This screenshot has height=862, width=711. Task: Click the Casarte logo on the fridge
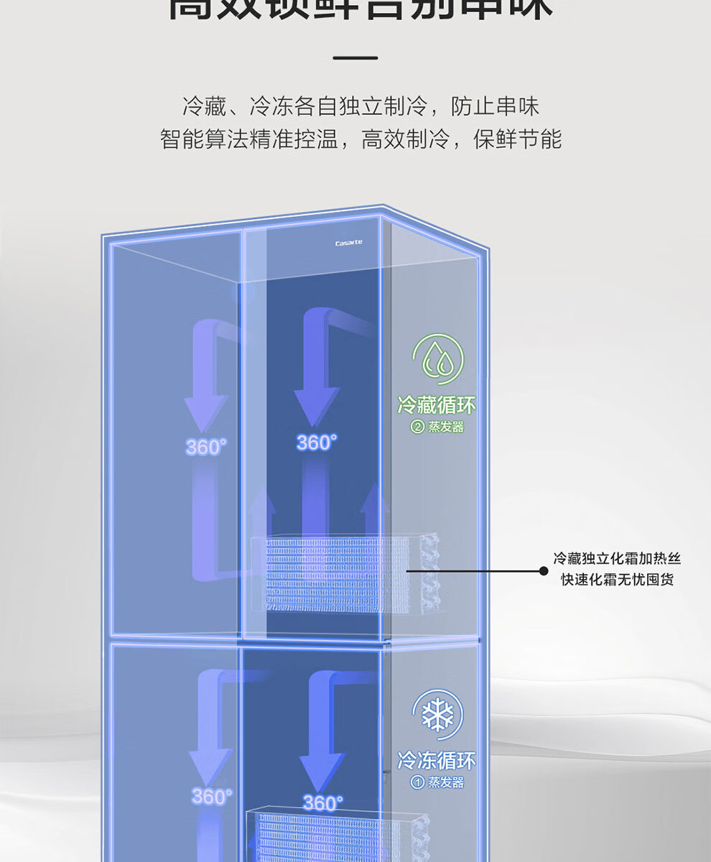(x=348, y=243)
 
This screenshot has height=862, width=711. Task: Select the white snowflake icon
(x=437, y=715)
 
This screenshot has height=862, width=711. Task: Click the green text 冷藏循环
(x=437, y=406)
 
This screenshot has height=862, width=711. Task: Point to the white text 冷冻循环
(x=437, y=760)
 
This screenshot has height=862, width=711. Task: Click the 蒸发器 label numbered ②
(x=438, y=427)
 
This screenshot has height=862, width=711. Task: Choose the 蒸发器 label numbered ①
(x=438, y=782)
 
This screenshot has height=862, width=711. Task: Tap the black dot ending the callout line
(x=544, y=571)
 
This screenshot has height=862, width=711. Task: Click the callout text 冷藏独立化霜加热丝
(x=617, y=558)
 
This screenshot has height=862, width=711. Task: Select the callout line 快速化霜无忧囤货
(x=617, y=580)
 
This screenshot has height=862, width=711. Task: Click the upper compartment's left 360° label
(x=206, y=447)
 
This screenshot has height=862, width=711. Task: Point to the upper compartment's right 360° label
(x=317, y=442)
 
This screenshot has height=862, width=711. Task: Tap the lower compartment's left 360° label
(x=211, y=796)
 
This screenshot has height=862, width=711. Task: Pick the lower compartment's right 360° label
(x=322, y=802)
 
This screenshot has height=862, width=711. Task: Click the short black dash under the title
(x=355, y=57)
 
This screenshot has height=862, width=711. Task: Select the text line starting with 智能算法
(x=361, y=139)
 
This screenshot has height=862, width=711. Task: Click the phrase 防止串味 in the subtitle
(x=495, y=107)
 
